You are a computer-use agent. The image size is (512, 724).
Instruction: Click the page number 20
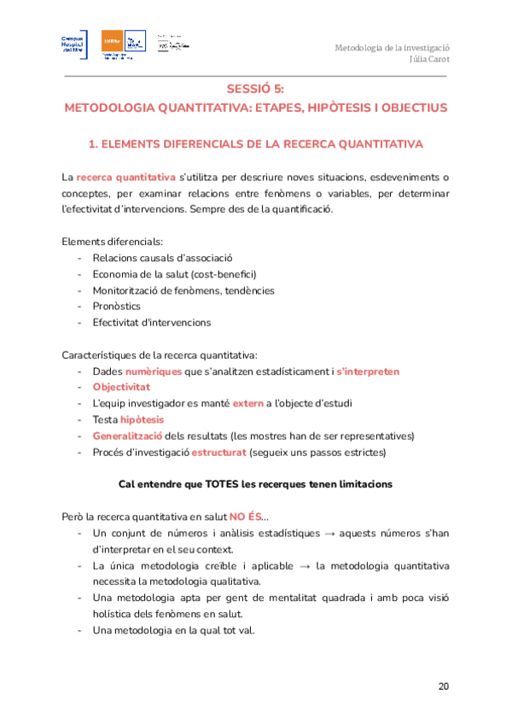coord(443,686)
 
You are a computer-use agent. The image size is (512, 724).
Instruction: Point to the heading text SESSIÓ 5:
coord(255,89)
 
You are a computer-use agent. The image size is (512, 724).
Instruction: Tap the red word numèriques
coord(153,371)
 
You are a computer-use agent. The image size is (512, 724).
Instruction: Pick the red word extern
coord(247,403)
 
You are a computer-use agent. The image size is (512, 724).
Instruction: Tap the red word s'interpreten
coord(368,371)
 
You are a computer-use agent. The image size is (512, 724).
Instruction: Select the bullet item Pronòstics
coord(117,307)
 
